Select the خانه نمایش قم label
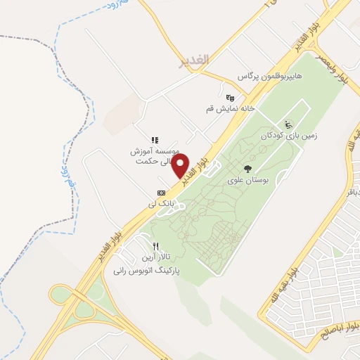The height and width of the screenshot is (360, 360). [229, 109]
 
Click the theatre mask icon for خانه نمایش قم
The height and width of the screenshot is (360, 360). [229, 98]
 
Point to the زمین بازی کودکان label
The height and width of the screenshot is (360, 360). [285, 134]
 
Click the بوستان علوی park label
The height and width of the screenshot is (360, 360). [247, 180]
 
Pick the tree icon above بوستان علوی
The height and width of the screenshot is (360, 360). [247, 169]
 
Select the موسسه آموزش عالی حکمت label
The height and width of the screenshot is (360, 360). [155, 156]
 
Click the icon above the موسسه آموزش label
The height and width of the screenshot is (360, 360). [155, 140]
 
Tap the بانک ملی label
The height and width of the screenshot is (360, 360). [160, 203]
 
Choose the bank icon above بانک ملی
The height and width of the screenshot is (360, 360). [161, 192]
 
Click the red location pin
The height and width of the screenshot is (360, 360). [181, 166]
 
